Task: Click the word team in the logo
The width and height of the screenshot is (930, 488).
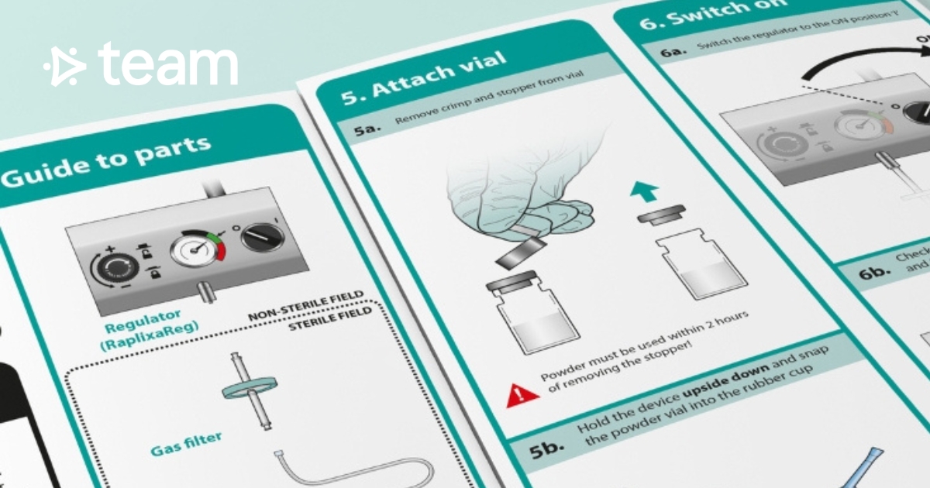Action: point(168,65)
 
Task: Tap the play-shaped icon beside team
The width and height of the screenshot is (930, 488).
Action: point(64,66)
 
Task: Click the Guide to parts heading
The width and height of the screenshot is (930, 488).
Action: point(105,162)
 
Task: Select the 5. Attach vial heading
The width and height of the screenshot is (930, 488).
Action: point(424,78)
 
